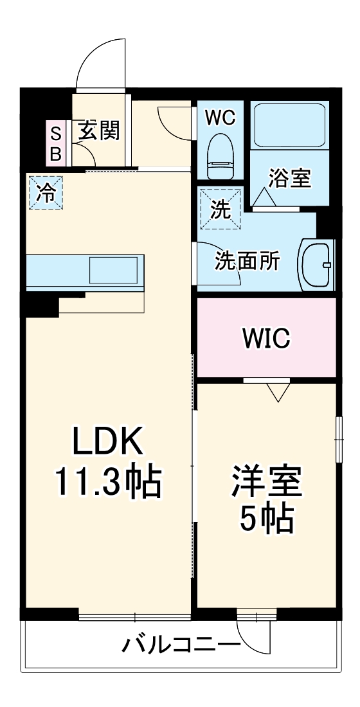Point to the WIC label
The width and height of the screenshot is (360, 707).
pos(266,337)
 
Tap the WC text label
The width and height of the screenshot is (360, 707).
pos(220,117)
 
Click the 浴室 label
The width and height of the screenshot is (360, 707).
pos(290,178)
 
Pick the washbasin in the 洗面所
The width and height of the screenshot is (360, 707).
pos(316,264)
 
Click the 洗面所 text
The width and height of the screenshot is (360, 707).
pos(247,261)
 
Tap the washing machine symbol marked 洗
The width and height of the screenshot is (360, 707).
pos(221,209)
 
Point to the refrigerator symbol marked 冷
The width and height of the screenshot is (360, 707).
pos(46,192)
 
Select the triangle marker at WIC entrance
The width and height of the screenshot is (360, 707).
pos(278,391)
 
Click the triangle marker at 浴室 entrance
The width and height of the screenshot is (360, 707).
pos(265,197)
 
